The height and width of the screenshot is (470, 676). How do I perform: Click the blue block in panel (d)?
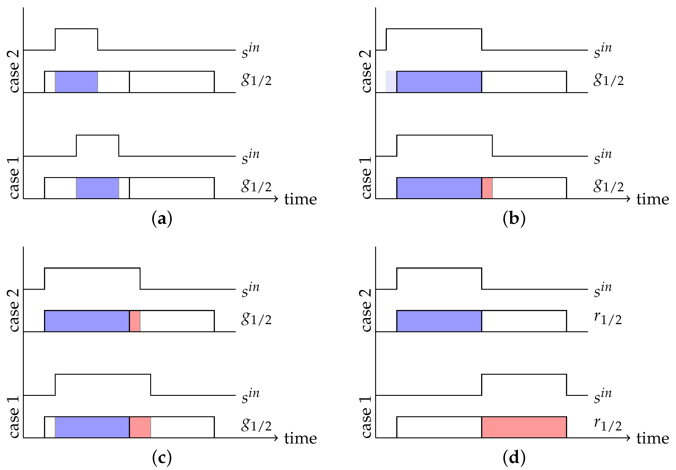pyautogui.click(x=439, y=321)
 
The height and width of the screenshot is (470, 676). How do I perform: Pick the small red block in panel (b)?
pyautogui.click(x=487, y=188)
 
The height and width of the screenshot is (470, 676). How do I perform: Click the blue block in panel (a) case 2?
pyautogui.click(x=77, y=82)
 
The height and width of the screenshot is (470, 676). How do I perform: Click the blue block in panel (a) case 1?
pyautogui.click(x=98, y=188)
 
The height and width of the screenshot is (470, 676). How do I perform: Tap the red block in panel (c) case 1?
pyautogui.click(x=140, y=427)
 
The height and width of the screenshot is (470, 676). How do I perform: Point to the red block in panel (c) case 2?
pyautogui.click(x=135, y=321)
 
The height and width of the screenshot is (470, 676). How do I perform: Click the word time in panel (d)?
pyautogui.click(x=652, y=439)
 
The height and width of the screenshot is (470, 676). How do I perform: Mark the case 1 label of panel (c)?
pyautogui.click(x=14, y=417)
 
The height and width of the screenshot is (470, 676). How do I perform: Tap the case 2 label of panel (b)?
pyautogui.click(x=366, y=71)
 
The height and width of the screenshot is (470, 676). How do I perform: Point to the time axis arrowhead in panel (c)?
pyautogui.click(x=276, y=438)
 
